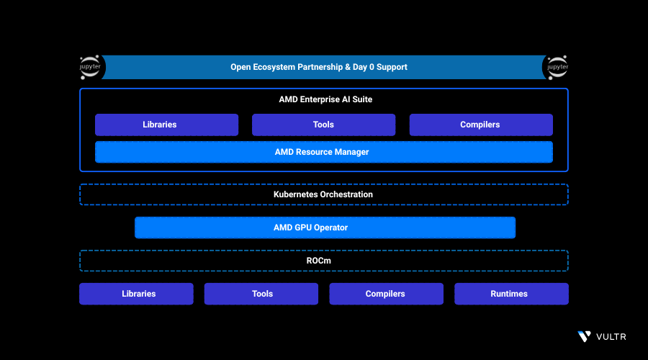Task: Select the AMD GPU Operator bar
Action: (325, 228)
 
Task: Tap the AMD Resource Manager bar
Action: (323, 152)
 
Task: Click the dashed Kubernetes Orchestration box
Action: (323, 194)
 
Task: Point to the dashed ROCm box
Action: (323, 261)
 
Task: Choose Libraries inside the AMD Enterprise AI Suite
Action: (166, 125)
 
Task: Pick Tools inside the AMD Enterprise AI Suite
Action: (323, 125)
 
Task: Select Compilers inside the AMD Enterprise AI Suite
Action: (480, 125)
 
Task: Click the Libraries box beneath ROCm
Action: (136, 294)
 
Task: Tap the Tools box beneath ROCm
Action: (261, 294)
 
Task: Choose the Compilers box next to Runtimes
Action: (386, 294)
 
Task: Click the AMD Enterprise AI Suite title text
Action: (325, 99)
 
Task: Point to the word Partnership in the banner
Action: (315, 67)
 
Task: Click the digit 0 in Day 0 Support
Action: (373, 67)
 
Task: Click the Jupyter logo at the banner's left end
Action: (92, 67)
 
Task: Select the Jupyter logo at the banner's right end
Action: (556, 67)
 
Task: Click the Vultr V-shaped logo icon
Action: (584, 336)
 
